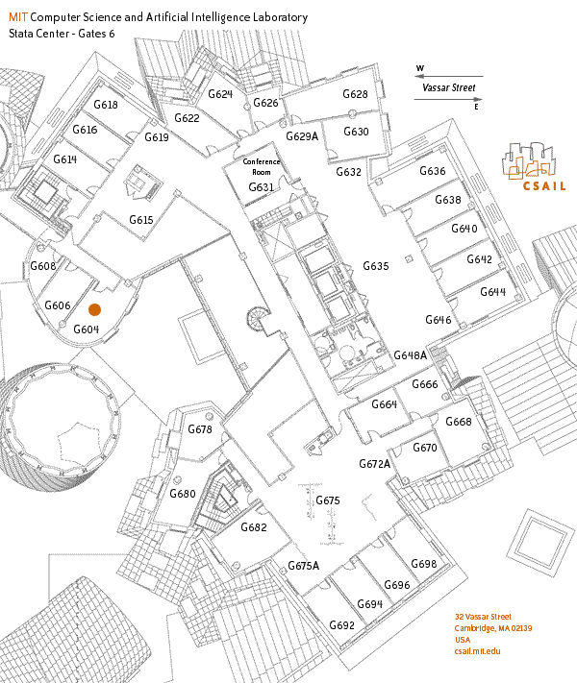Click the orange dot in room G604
click(94, 309)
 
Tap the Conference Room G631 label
click(262, 174)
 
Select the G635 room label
click(376, 266)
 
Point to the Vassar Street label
click(449, 87)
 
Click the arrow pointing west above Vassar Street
click(449, 76)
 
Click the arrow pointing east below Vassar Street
click(448, 99)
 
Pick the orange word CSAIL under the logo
click(544, 186)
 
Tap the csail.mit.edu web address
click(477, 651)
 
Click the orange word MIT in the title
click(18, 17)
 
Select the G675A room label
click(304, 566)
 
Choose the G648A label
click(411, 355)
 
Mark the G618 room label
click(106, 105)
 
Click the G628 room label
click(355, 94)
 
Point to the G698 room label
click(424, 564)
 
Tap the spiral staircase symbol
click(256, 318)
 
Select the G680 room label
click(183, 494)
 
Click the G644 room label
click(492, 292)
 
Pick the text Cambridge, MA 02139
click(492, 628)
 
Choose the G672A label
click(375, 464)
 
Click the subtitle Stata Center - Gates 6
click(62, 34)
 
